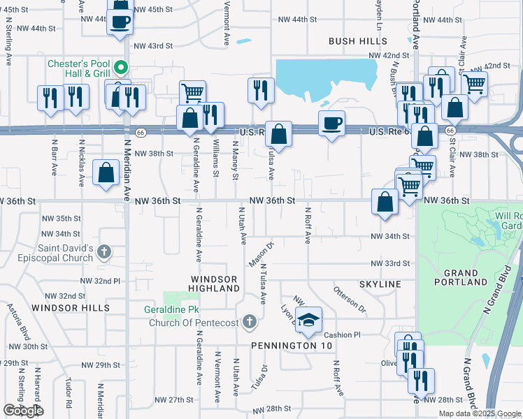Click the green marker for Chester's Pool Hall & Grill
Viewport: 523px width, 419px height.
tap(121, 68)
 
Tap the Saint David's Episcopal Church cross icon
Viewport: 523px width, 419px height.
tap(104, 251)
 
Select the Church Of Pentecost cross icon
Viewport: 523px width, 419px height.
tap(250, 322)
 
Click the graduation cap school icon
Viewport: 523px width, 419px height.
tap(307, 320)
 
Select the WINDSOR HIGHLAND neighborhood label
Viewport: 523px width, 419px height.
tap(215, 283)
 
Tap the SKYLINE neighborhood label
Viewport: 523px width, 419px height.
tap(380, 284)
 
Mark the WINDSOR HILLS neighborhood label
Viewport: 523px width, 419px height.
tap(71, 307)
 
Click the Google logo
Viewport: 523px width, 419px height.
tap(23, 411)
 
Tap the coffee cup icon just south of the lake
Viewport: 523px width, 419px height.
tap(331, 124)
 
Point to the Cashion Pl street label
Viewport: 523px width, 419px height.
tap(342, 335)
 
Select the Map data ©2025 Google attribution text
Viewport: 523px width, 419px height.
tap(479, 413)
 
